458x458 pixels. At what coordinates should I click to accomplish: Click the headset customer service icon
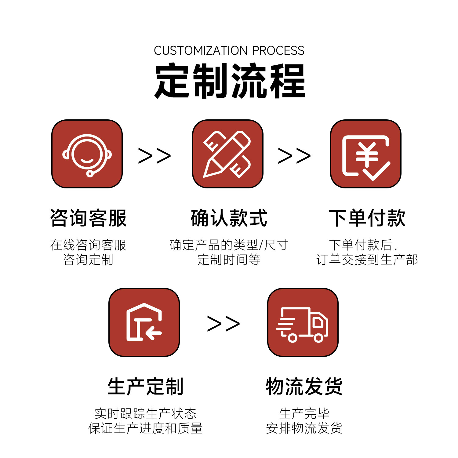[x=87, y=154]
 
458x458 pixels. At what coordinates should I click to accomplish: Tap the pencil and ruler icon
[x=227, y=154]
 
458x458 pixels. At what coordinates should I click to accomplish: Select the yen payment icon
[x=366, y=154]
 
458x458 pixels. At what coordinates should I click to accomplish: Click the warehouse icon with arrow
[x=144, y=322]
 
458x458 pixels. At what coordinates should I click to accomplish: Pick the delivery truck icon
[x=303, y=322]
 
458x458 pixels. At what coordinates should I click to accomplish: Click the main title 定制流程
[x=230, y=81]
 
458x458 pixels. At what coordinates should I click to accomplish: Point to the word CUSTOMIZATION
[x=201, y=51]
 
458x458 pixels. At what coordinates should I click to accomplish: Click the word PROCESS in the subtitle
[x=278, y=51]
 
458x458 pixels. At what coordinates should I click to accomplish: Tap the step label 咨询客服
[x=88, y=218]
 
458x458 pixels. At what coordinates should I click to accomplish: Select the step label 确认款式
[x=229, y=218]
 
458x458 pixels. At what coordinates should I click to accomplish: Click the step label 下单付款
[x=367, y=218]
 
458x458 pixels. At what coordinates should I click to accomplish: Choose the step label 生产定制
[x=145, y=387]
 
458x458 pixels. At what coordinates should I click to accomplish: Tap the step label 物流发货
[x=304, y=387]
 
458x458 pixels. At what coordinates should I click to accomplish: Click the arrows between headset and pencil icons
[x=154, y=156]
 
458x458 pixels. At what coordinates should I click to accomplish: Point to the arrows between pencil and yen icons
[x=294, y=156]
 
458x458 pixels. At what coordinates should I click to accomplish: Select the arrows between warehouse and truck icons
[x=224, y=324]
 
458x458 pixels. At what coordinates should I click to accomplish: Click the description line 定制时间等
[x=229, y=260]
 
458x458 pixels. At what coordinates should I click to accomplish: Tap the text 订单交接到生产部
[x=367, y=260]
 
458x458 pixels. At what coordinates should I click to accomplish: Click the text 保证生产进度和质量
[x=145, y=428]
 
